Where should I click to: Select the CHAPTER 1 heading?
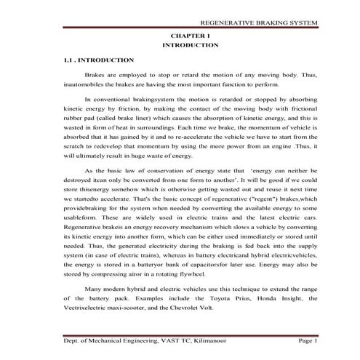pyautogui.click(x=191, y=35)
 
